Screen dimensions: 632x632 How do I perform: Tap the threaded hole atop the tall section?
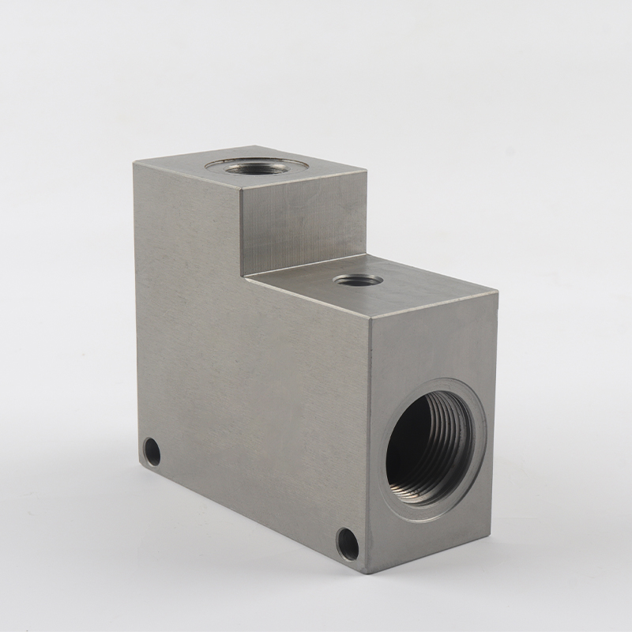click(x=256, y=167)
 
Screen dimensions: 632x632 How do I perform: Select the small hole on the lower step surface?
click(x=358, y=280)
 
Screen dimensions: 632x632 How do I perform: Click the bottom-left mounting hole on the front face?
click(x=152, y=452)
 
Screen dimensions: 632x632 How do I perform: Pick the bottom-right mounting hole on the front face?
click(x=347, y=544)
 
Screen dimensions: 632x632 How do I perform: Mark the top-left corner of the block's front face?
click(x=134, y=164)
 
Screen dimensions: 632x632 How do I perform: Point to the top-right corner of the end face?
click(x=498, y=292)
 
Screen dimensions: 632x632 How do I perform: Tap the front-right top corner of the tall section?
click(x=241, y=188)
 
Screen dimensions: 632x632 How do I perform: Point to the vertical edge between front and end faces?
click(x=367, y=442)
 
